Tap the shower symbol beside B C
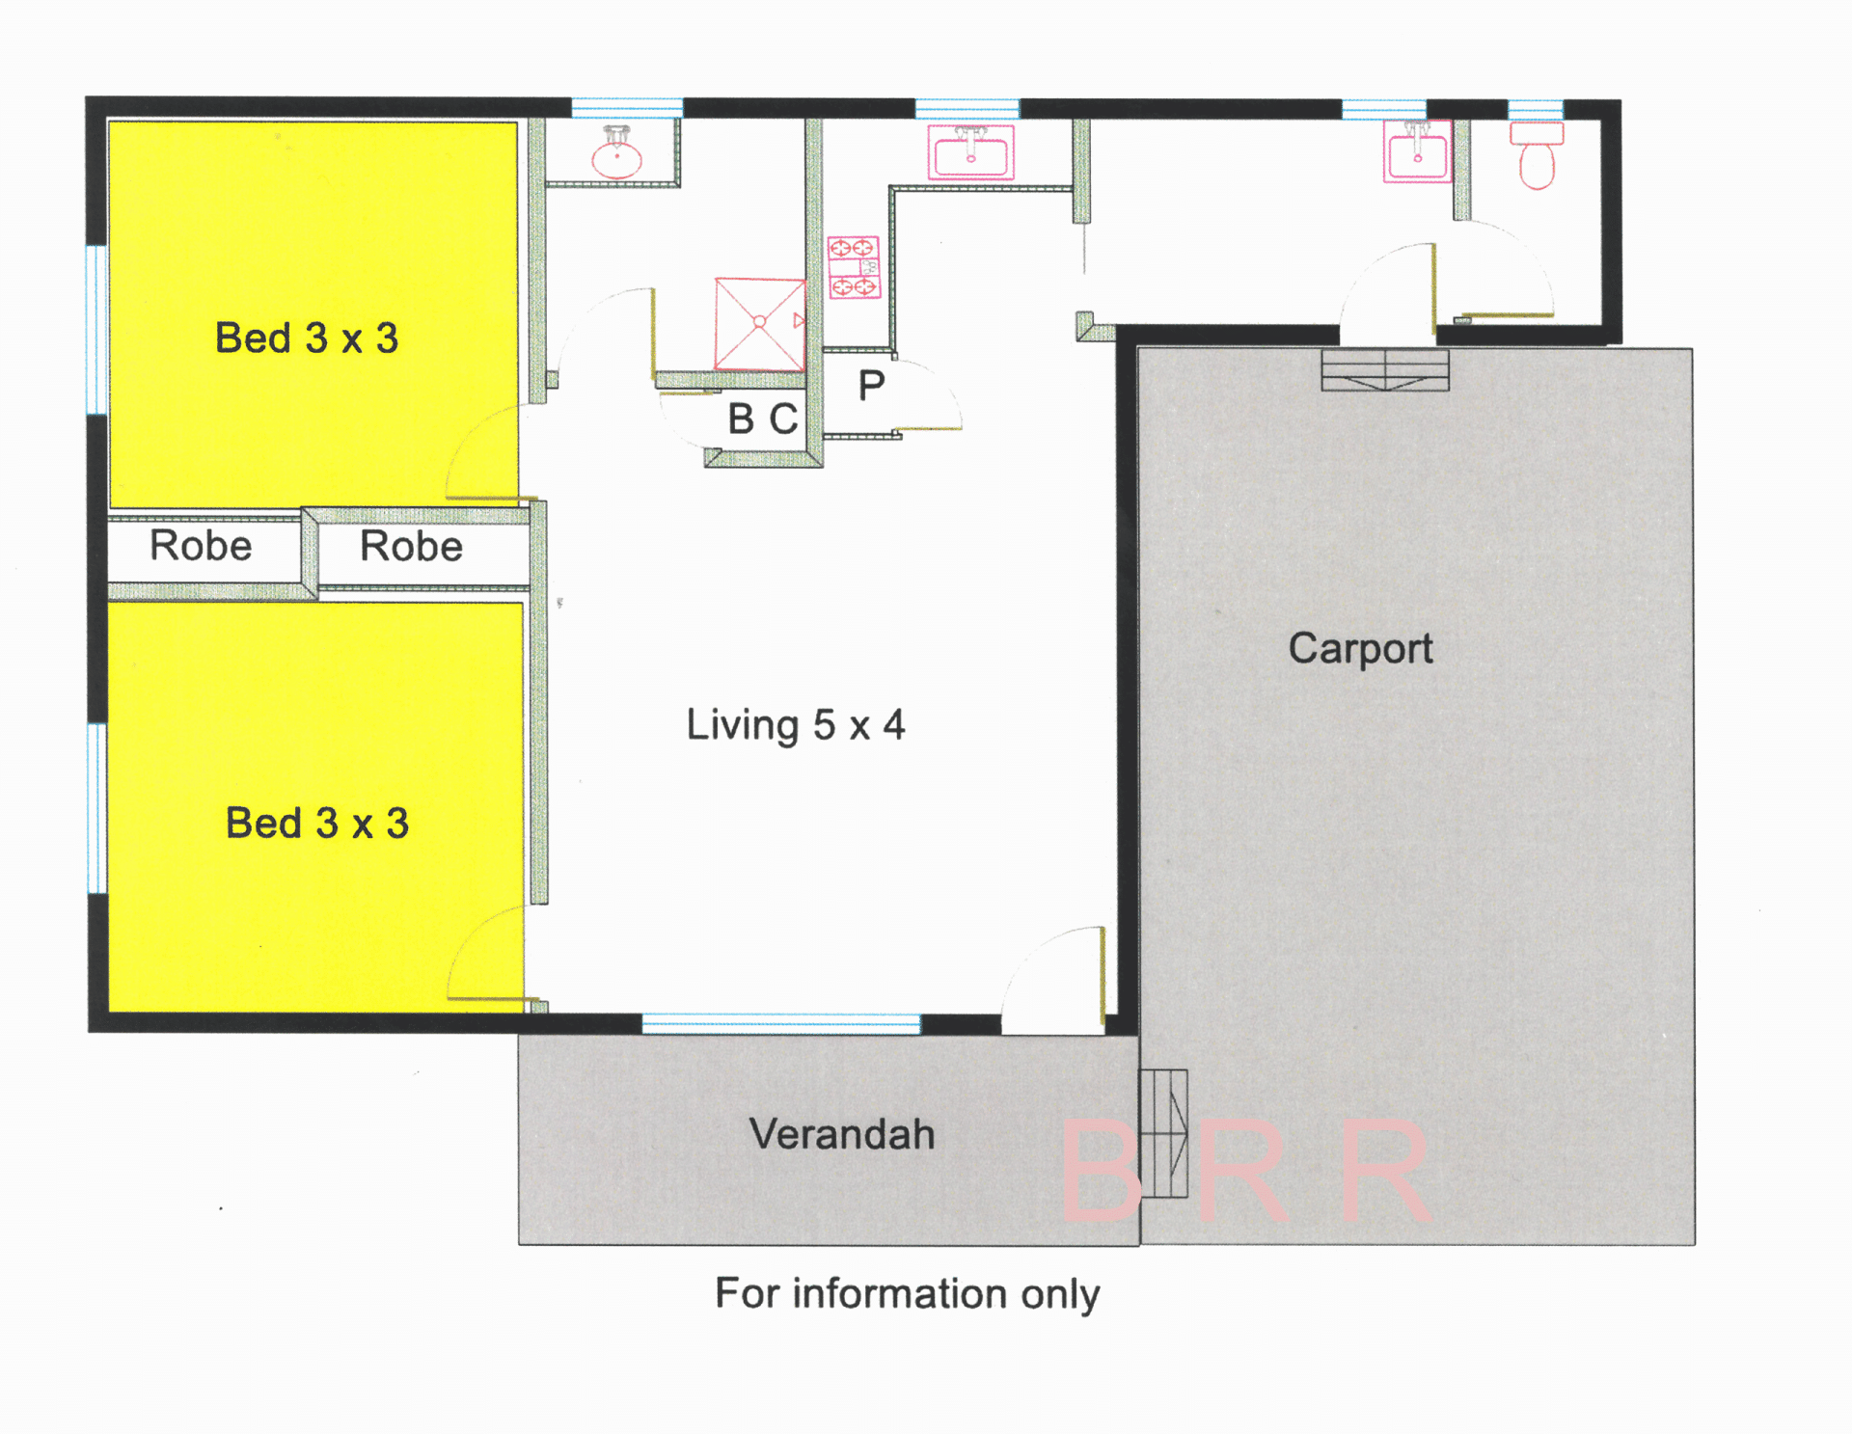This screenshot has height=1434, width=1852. tap(760, 324)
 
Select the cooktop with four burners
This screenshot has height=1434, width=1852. tap(854, 267)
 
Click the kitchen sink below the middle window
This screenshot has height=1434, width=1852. tap(970, 152)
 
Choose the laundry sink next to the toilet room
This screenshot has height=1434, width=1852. tap(1417, 151)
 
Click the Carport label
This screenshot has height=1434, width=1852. tap(1360, 649)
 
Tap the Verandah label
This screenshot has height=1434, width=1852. tap(842, 1134)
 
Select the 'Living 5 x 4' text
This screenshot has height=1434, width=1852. tap(796, 725)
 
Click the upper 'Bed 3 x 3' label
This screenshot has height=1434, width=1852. tap(307, 338)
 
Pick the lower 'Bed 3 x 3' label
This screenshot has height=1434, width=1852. tap(317, 824)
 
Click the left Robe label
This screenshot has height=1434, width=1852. tap(201, 546)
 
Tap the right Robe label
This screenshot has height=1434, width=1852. tap(411, 547)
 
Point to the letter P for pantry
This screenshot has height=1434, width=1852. tap(871, 387)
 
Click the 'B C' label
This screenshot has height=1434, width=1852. tap(763, 419)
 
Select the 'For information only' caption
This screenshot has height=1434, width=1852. tap(907, 1294)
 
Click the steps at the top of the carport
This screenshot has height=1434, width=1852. tap(1385, 370)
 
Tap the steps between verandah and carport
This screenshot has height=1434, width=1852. tap(1164, 1134)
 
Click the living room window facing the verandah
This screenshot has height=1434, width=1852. tap(781, 1024)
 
